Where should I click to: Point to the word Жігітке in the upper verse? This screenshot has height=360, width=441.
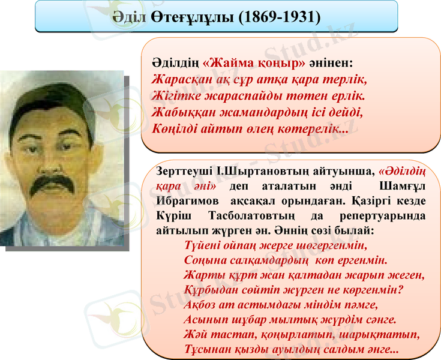175,95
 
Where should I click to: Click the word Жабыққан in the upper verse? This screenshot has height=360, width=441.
182,112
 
